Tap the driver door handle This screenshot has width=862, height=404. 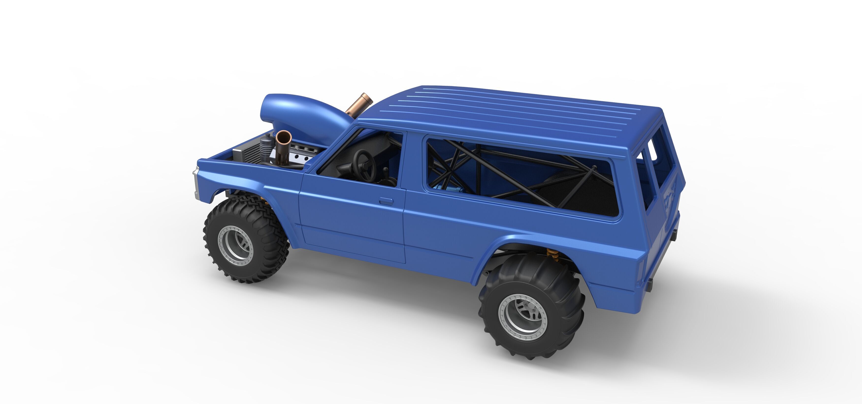pyautogui.click(x=386, y=201)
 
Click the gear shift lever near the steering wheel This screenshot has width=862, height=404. pyautogui.click(x=386, y=174)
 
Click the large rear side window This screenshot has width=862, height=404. pyautogui.click(x=522, y=178)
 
